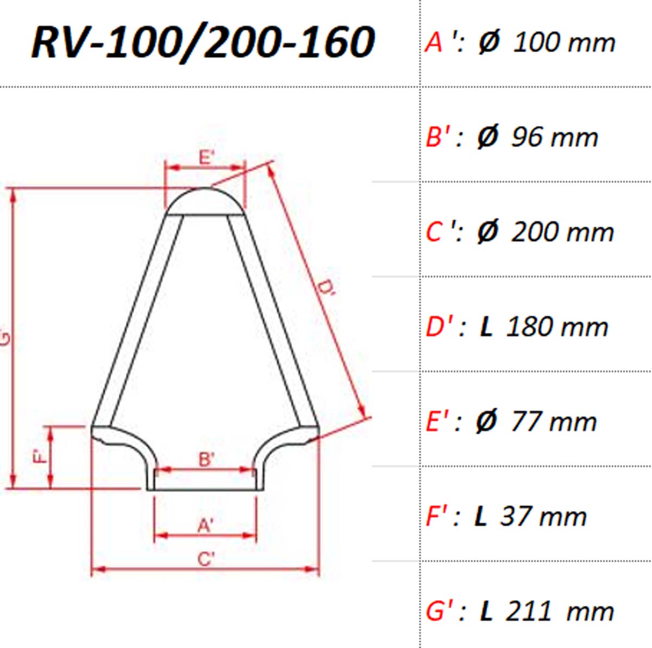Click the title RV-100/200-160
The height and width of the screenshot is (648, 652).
click(203, 43)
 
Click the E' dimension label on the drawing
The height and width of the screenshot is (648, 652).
click(206, 157)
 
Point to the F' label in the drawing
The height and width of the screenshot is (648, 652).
click(40, 456)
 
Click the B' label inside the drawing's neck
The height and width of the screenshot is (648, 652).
click(206, 459)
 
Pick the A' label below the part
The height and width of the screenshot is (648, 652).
click(205, 526)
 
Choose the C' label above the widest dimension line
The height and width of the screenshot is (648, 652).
click(206, 559)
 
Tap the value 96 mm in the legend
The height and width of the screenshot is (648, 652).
click(555, 137)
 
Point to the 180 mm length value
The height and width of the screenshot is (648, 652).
click(557, 327)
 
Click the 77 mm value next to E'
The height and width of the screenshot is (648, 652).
click(554, 421)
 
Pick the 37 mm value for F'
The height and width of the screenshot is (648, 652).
click(543, 516)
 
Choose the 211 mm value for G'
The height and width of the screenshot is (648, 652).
click(560, 611)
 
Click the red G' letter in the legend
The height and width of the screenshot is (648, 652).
click(439, 611)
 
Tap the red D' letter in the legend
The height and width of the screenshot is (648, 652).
click(439, 327)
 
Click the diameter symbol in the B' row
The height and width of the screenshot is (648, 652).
click(488, 136)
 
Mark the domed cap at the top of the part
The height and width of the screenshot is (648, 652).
click(205, 201)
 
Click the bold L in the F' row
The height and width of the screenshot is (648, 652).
click(480, 516)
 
